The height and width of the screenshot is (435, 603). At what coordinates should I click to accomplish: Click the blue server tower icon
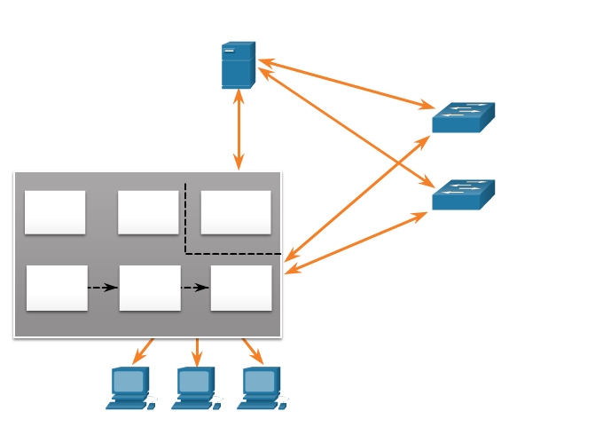[238, 65]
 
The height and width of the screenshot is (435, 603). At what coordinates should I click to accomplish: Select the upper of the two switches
[463, 118]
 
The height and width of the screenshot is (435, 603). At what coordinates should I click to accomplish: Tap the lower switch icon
[463, 195]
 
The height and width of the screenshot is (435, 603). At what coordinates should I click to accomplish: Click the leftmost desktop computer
[129, 388]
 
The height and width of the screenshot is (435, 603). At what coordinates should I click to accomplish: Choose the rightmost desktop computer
[261, 388]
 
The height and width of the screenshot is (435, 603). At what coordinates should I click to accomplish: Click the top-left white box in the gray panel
[55, 212]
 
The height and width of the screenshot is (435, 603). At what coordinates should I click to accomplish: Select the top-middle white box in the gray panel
[148, 212]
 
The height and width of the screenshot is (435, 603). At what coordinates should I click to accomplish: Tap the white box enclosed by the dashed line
[235, 212]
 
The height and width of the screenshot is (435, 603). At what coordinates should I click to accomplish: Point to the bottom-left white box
[57, 288]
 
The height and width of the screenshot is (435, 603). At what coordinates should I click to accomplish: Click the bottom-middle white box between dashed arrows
[150, 288]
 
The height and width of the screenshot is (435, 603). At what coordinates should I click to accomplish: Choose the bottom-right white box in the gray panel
[241, 288]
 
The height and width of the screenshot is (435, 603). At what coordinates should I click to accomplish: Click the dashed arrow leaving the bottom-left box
[103, 288]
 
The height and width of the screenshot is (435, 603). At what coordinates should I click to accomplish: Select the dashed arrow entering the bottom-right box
[195, 288]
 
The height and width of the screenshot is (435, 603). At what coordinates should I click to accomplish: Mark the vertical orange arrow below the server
[239, 130]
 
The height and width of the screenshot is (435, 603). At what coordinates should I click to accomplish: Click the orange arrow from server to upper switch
[346, 84]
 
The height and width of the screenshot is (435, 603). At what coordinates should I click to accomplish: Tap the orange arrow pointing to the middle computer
[197, 352]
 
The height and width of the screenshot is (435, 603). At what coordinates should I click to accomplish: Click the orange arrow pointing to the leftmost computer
[143, 352]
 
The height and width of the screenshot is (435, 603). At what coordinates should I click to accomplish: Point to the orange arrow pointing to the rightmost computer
[253, 352]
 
